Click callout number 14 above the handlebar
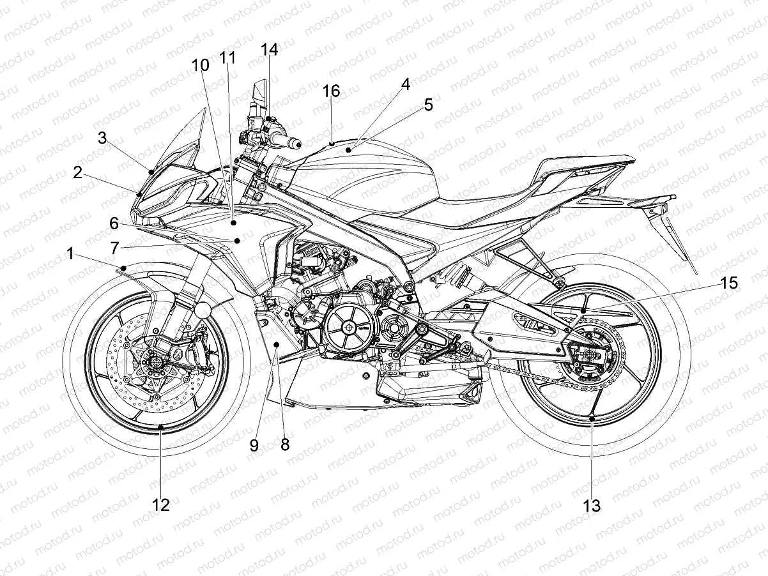tap(270, 50)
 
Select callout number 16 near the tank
tap(331, 91)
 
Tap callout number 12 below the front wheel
tap(161, 504)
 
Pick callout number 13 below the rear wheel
tap(592, 506)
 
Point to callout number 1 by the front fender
tap(70, 255)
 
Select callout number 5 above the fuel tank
tap(427, 104)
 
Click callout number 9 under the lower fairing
tap(254, 445)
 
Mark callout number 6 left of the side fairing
tap(114, 224)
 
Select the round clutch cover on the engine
tap(349, 328)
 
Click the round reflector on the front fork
tap(203, 311)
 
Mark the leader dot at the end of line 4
tap(348, 149)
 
